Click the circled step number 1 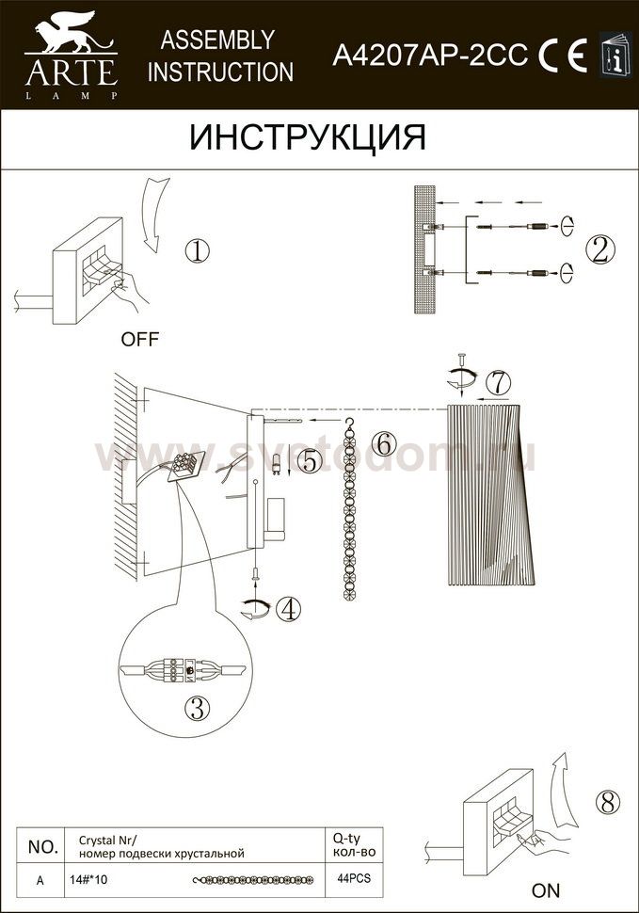point(197,251)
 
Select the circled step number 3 point(198,709)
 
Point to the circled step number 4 point(289,609)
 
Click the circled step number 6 point(384,443)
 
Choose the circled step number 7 point(498,382)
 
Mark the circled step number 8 point(608,804)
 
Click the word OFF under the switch point(139,340)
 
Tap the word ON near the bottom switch point(545,890)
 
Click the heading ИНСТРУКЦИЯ point(308,137)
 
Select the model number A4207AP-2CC point(430,56)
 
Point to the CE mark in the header point(562,56)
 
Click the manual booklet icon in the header point(615,55)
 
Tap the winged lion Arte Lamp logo point(72,56)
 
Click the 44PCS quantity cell point(354,879)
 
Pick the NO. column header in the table point(43,847)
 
